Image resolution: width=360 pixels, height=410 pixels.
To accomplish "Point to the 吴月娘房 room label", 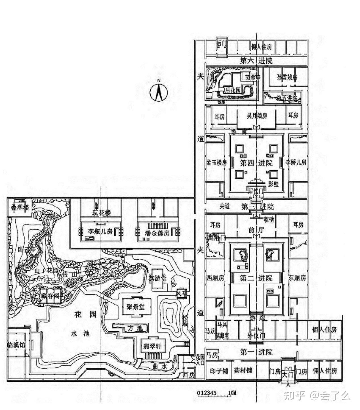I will (x=257, y=116).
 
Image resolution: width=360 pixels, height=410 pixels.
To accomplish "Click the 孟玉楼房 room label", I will (x=217, y=163).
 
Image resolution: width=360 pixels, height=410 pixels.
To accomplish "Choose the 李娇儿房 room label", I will (x=296, y=163).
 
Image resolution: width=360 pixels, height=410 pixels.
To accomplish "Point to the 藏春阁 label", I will (x=50, y=296).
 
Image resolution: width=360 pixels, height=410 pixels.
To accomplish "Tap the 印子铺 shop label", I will (x=219, y=371).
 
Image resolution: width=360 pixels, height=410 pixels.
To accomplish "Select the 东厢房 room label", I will (x=297, y=278).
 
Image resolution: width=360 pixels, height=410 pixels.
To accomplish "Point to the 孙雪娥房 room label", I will (x=287, y=77).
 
